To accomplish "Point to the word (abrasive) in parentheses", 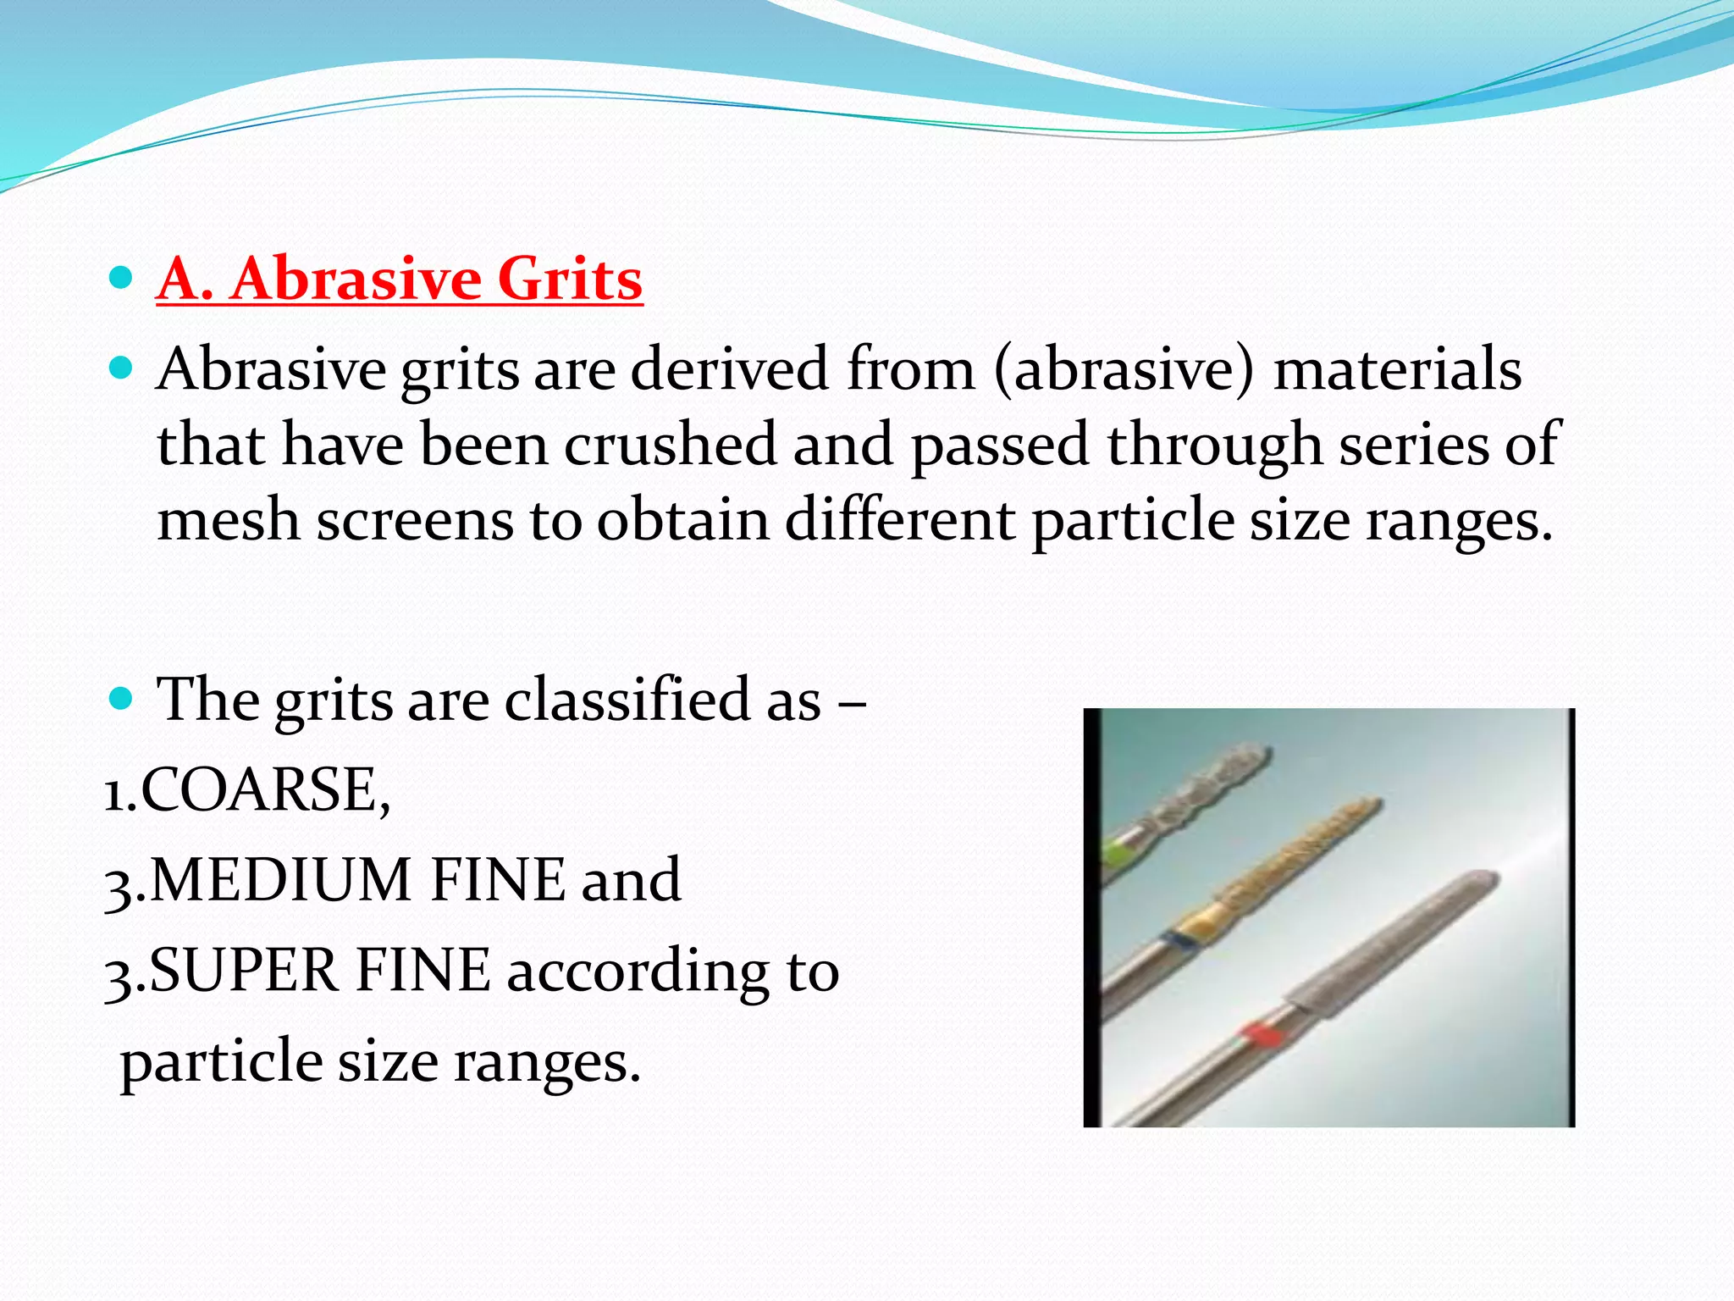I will click(1123, 369).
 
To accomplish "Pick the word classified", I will click(627, 700).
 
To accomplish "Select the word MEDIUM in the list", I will click(280, 879).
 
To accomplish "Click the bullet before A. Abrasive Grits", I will click(122, 277).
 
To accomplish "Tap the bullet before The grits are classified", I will click(122, 698).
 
